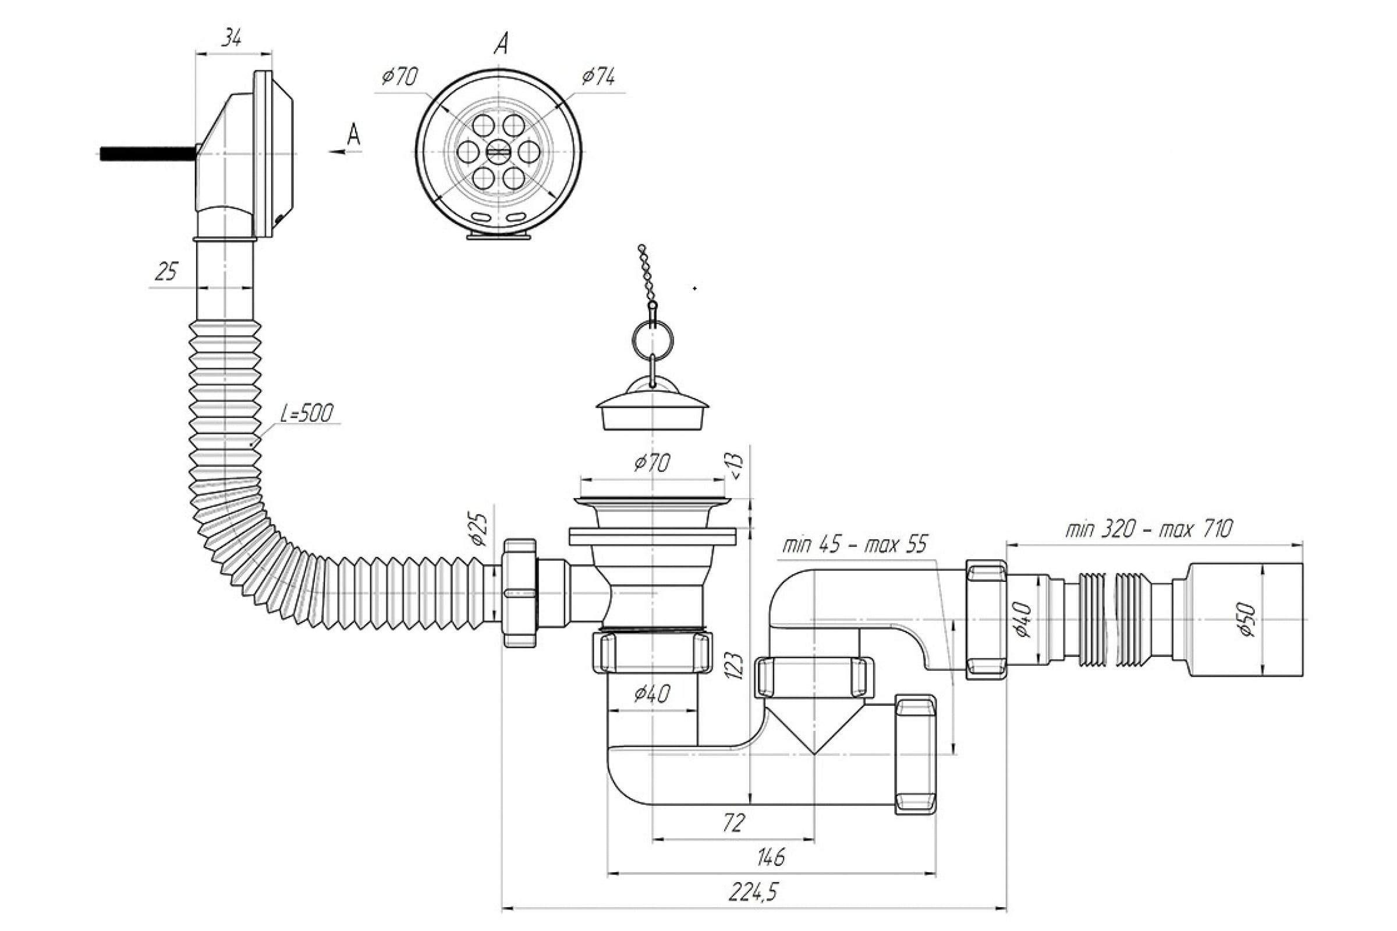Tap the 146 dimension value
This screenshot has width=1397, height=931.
pos(770,857)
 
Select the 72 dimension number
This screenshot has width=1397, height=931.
pos(735,823)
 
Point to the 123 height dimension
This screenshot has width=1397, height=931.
pos(735,666)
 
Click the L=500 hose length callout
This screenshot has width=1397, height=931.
pos(307,413)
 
